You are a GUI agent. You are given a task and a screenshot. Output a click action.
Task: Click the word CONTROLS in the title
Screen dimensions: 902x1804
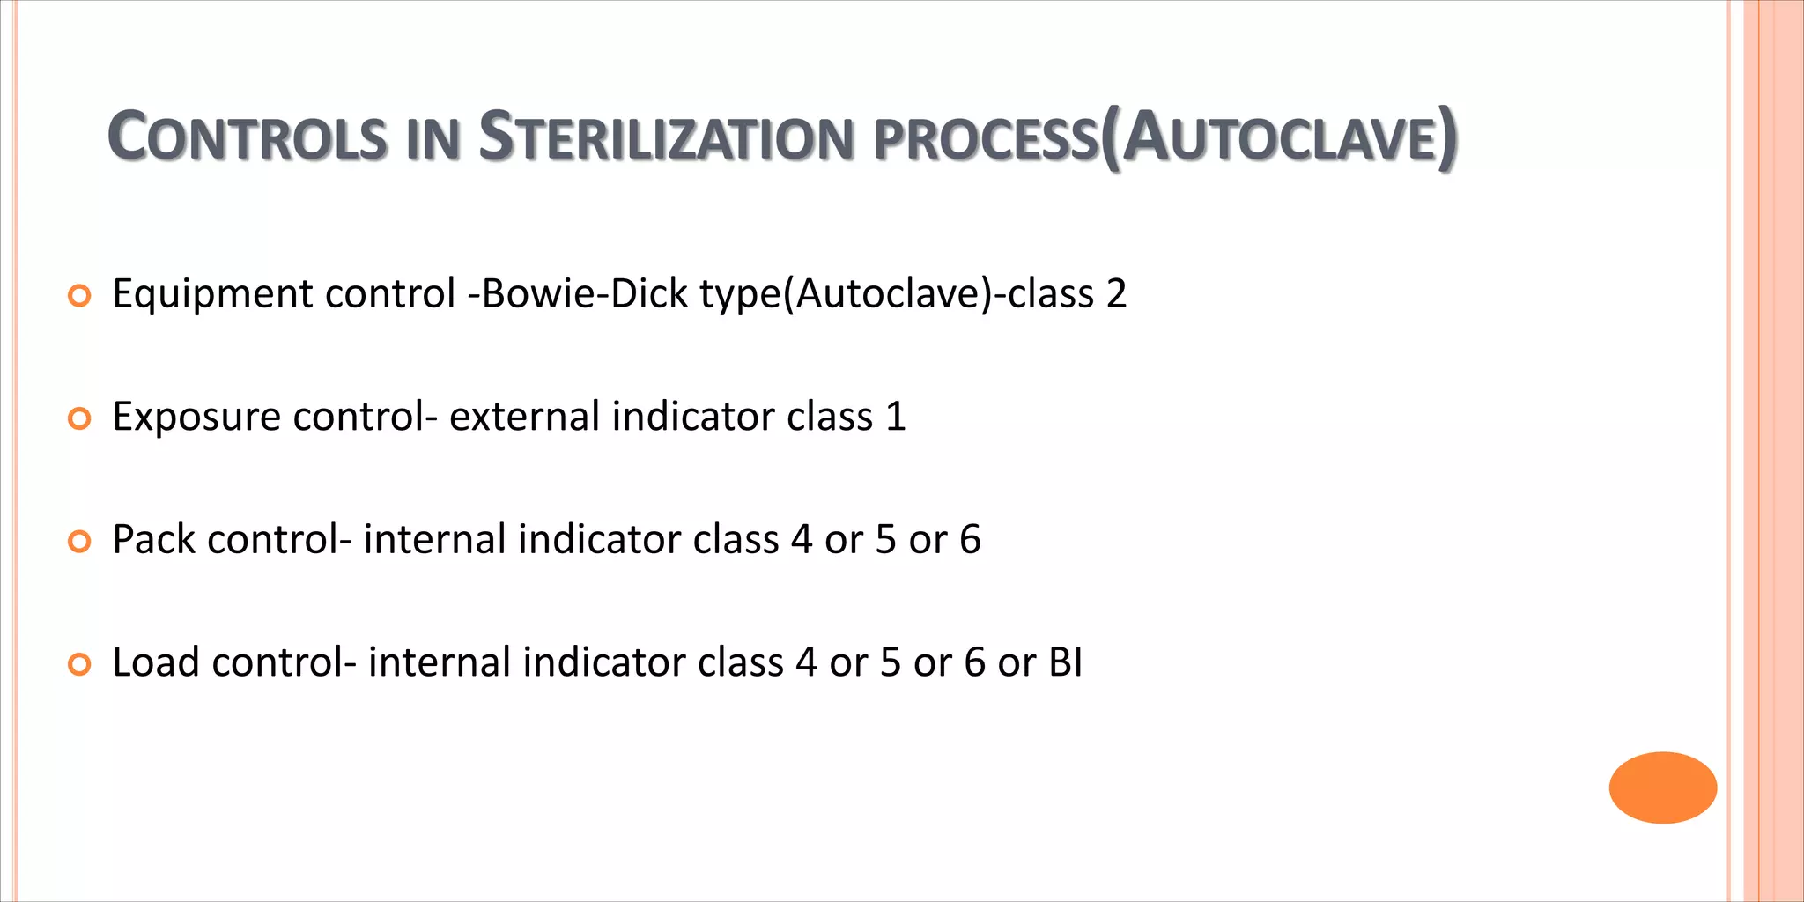pos(247,138)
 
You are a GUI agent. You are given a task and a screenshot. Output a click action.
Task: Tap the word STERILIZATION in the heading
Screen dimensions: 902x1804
pos(666,138)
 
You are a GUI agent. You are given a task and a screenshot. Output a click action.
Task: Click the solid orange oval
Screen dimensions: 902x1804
pos(1662,787)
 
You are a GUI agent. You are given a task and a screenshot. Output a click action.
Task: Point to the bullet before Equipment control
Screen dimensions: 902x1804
pos(79,297)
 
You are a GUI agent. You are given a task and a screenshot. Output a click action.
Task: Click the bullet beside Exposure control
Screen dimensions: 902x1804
pos(79,420)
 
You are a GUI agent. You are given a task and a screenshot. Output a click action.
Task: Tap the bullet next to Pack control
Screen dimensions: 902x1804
pos(79,543)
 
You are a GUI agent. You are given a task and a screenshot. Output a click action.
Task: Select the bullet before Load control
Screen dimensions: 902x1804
pos(79,665)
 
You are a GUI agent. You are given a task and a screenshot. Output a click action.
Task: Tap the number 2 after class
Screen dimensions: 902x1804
pos(1116,294)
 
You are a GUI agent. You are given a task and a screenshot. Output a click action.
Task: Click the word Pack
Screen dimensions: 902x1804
pos(153,540)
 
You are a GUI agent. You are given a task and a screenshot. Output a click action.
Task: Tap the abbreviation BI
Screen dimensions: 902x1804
pos(1066,662)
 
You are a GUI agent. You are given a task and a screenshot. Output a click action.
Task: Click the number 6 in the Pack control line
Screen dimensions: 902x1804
pos(970,540)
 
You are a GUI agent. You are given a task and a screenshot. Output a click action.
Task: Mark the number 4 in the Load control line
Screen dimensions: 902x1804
pos(806,662)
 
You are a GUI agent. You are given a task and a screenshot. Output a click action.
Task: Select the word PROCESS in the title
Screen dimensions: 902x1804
pos(982,141)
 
